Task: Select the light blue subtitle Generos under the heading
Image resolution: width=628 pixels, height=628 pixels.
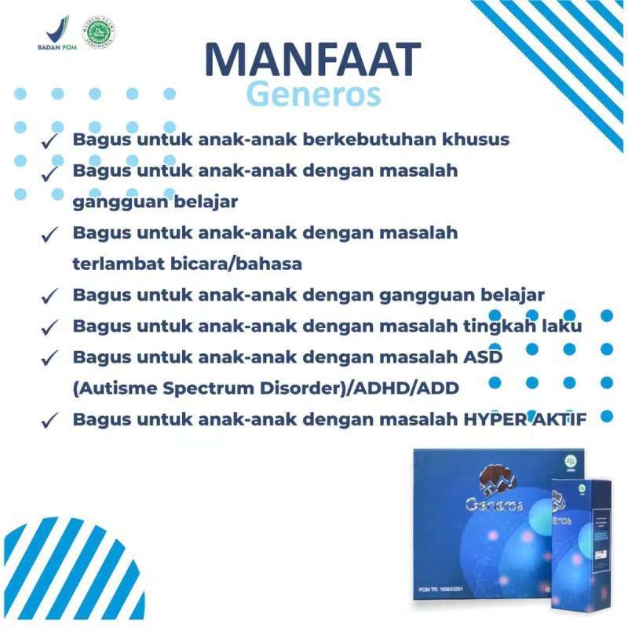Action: click(x=313, y=94)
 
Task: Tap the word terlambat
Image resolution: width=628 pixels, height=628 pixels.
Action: click(x=118, y=264)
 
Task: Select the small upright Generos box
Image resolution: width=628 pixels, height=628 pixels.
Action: click(x=580, y=549)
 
